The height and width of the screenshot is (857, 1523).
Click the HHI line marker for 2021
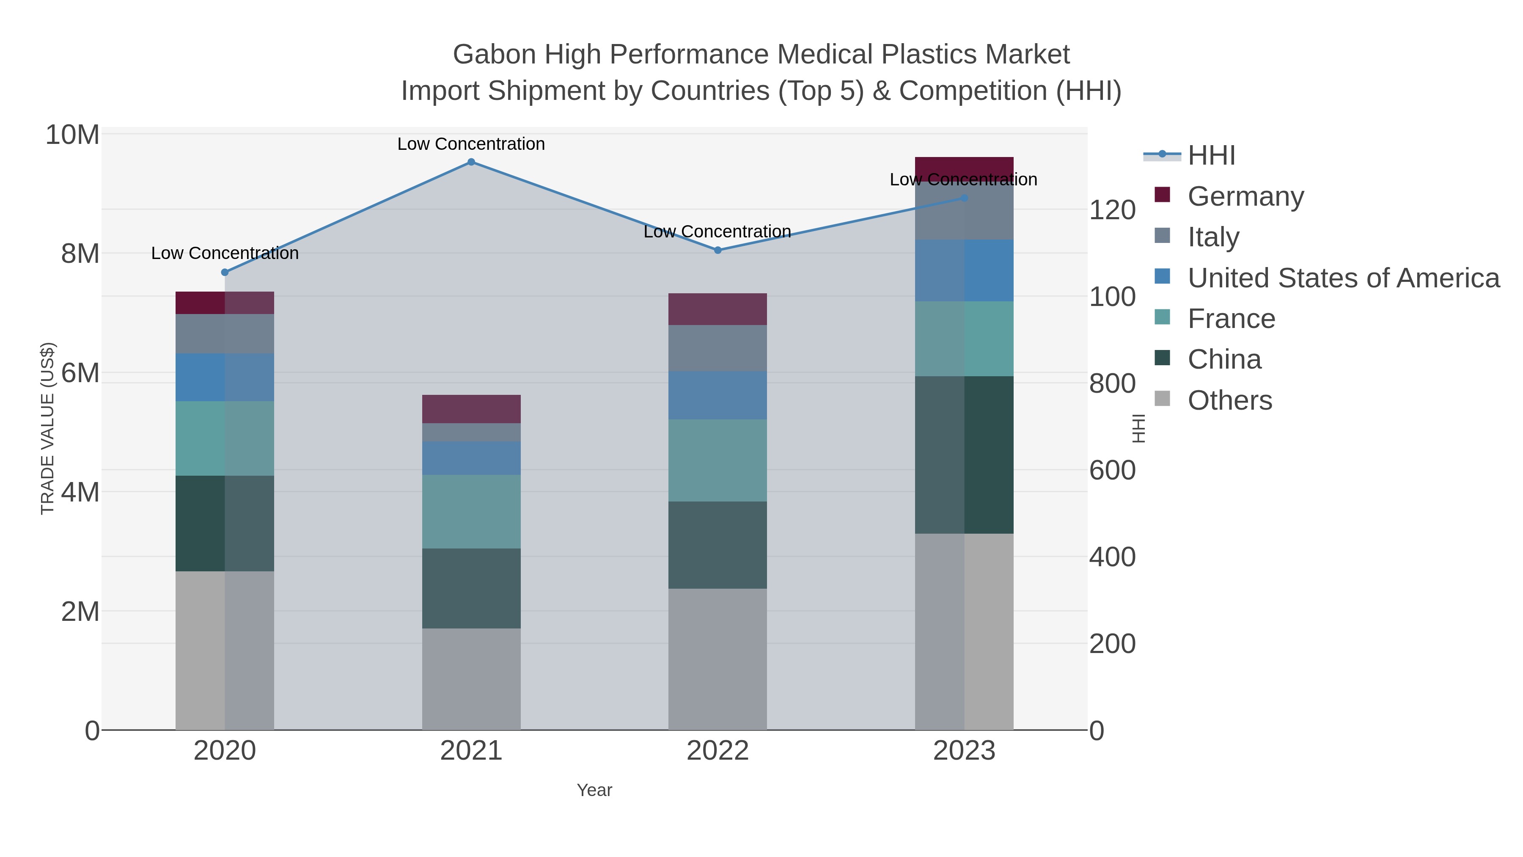click(471, 162)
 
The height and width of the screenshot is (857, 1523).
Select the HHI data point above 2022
click(718, 250)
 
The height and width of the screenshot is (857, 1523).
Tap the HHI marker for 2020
click(225, 273)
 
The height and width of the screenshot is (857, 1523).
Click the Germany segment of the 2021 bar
click(471, 409)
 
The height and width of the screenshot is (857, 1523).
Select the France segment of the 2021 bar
click(471, 512)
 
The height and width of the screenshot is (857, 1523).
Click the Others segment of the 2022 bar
click(718, 659)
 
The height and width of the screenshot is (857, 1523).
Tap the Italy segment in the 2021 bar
click(471, 433)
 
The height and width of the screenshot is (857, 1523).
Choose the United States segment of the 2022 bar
click(718, 395)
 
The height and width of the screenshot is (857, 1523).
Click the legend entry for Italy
click(1213, 237)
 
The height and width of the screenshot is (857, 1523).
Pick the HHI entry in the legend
click(1211, 156)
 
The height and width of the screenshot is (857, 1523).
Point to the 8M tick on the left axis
click(80, 254)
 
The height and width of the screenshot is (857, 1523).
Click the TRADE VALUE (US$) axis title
click(47, 428)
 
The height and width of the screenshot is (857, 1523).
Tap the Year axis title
click(594, 790)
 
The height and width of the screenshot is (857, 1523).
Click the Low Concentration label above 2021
click(471, 144)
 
